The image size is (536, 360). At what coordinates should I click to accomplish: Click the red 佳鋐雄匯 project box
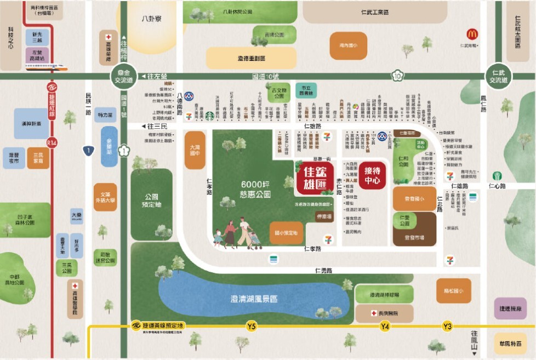click(x=315, y=177)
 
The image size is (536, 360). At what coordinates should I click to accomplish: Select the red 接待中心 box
click(x=372, y=175)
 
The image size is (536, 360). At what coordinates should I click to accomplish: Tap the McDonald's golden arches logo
click(x=472, y=34)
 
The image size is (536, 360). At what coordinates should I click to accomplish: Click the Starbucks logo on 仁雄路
click(x=209, y=116)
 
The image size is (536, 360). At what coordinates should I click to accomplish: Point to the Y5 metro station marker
click(x=251, y=327)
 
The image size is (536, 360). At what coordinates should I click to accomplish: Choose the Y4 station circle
click(x=385, y=327)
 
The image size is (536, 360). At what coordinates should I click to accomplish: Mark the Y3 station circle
click(x=448, y=327)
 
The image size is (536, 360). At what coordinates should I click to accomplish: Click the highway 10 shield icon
click(x=397, y=76)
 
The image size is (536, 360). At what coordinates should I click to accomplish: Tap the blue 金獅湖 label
click(x=112, y=146)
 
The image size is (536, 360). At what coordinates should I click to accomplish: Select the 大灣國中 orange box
click(x=195, y=150)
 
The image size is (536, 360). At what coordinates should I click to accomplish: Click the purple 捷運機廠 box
click(x=510, y=308)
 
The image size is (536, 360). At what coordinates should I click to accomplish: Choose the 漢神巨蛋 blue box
click(x=31, y=124)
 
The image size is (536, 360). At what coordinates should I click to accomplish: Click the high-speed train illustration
click(x=47, y=67)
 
